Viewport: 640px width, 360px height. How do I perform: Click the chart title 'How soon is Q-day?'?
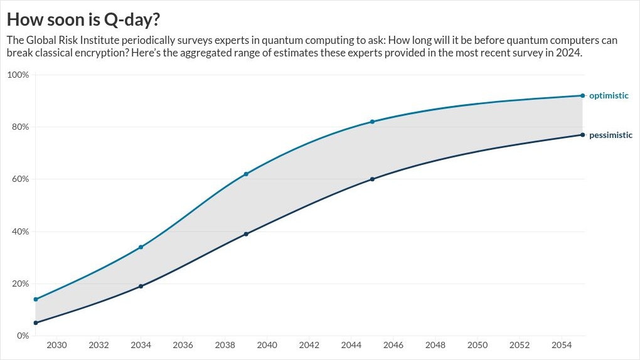pos(83,19)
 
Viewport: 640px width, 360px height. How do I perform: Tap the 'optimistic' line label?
pos(609,96)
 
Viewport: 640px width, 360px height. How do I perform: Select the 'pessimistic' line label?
pos(611,135)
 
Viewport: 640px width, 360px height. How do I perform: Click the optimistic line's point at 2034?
pos(141,247)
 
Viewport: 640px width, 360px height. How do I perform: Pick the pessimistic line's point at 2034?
pos(141,287)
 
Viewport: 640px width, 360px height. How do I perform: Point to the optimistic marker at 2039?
pos(246,174)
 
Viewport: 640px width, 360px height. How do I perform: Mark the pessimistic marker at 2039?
pos(246,234)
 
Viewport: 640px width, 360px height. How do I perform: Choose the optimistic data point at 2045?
pos(372,122)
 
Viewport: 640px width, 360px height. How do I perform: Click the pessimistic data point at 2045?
pos(372,179)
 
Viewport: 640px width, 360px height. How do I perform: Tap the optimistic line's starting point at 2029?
pos(36,299)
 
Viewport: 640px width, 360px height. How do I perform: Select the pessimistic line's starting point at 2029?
pos(36,323)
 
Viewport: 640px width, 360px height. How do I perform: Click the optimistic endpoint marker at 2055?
pos(582,95)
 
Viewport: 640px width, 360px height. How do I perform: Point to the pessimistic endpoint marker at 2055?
pos(582,135)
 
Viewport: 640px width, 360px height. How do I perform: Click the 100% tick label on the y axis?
pos(18,75)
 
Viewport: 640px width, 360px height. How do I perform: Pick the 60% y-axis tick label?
pos(21,179)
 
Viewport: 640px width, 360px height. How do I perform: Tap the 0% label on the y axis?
pos(23,336)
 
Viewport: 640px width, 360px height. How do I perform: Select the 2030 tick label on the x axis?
pos(56,346)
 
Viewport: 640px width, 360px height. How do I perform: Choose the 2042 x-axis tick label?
pos(309,346)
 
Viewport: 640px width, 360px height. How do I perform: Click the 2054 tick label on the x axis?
pos(562,346)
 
